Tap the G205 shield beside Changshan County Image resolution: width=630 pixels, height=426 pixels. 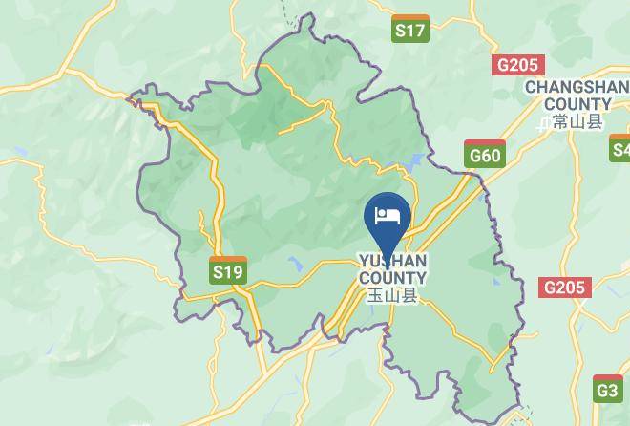coord(518,65)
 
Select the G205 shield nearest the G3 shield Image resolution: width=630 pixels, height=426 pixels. coord(565,287)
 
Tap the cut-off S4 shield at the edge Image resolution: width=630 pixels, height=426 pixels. coord(620,147)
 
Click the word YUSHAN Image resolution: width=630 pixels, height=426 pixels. coord(392,261)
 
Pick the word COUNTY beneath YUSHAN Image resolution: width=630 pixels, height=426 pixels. coord(392,278)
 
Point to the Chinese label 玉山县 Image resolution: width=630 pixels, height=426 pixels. coord(393,296)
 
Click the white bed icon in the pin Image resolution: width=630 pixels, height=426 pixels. coord(388,213)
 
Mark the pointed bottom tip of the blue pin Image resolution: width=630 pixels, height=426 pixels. coord(388,255)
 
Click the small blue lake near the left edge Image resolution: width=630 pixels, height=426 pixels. coord(20,152)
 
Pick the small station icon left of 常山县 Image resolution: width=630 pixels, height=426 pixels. coord(543,122)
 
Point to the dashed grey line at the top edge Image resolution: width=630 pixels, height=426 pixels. coord(284,11)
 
